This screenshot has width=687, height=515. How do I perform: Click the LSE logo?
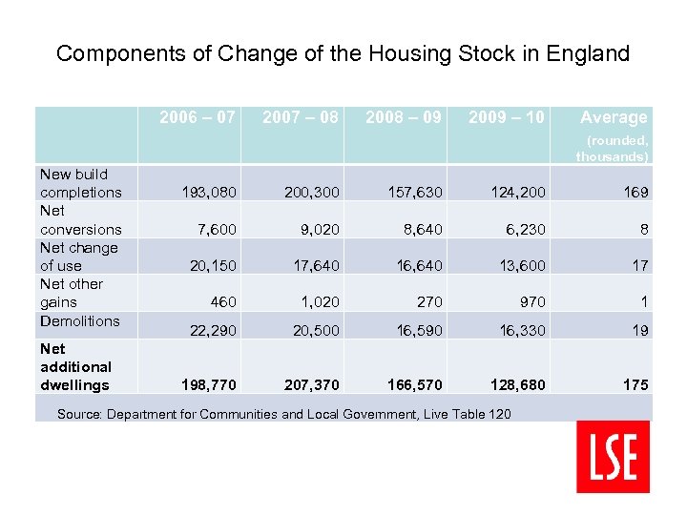tap(613, 456)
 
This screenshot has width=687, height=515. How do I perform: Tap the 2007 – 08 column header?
tap(300, 117)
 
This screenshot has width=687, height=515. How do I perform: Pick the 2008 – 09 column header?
tap(404, 117)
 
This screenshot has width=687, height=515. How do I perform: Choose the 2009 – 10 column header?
tap(507, 117)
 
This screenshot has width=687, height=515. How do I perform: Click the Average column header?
tap(614, 117)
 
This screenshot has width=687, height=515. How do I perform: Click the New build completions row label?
tap(80, 183)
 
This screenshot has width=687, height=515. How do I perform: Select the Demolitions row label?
tap(79, 320)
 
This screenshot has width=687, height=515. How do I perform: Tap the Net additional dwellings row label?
tap(75, 367)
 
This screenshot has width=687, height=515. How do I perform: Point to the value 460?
tap(222, 302)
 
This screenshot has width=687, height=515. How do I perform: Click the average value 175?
tap(635, 385)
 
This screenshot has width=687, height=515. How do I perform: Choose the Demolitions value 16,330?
tap(521, 330)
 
